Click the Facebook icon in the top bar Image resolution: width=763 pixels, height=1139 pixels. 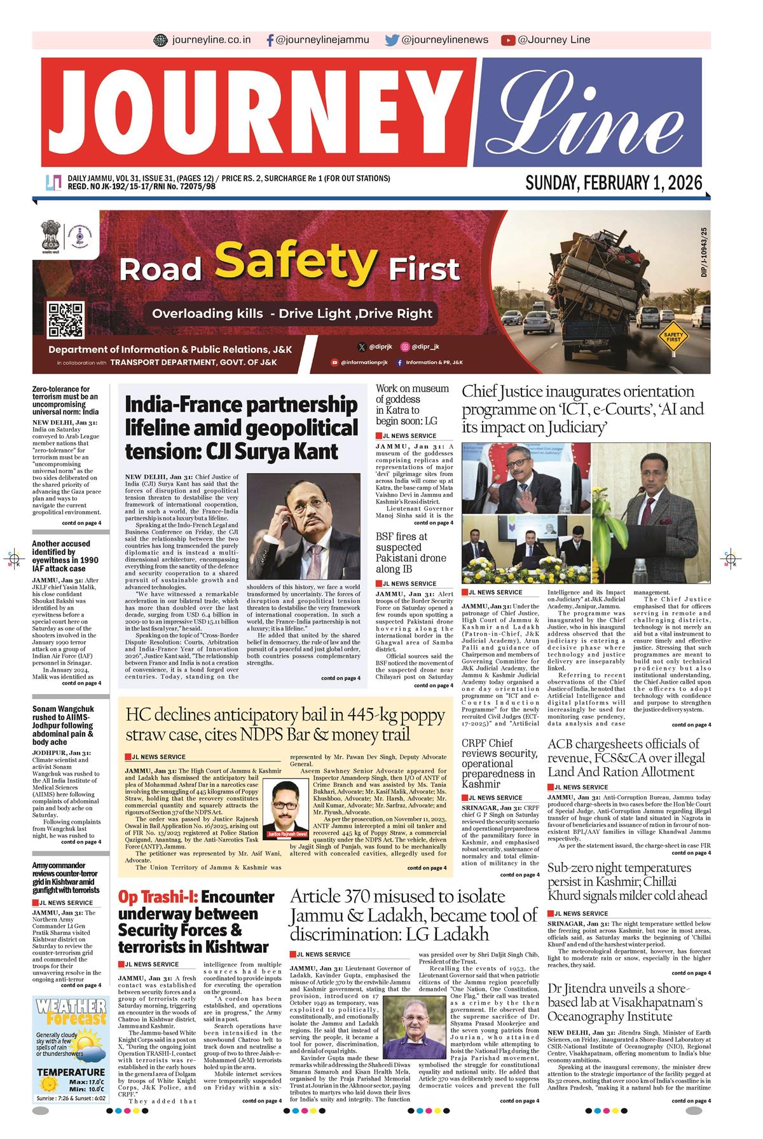[x=271, y=40]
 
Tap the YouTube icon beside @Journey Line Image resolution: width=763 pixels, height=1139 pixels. [x=507, y=40]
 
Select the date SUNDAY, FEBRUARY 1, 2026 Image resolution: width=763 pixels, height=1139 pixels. [x=614, y=183]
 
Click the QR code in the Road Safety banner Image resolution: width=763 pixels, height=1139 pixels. [x=66, y=320]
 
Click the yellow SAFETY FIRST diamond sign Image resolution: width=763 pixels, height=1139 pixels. [x=673, y=334]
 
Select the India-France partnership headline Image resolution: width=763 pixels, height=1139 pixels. [x=241, y=428]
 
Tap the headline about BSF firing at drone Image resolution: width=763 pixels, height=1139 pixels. [x=410, y=552]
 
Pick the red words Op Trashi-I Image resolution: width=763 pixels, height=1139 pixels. [x=158, y=897]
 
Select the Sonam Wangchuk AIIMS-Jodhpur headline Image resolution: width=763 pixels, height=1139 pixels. [x=63, y=725]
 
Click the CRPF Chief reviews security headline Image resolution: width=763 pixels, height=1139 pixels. [x=498, y=763]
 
